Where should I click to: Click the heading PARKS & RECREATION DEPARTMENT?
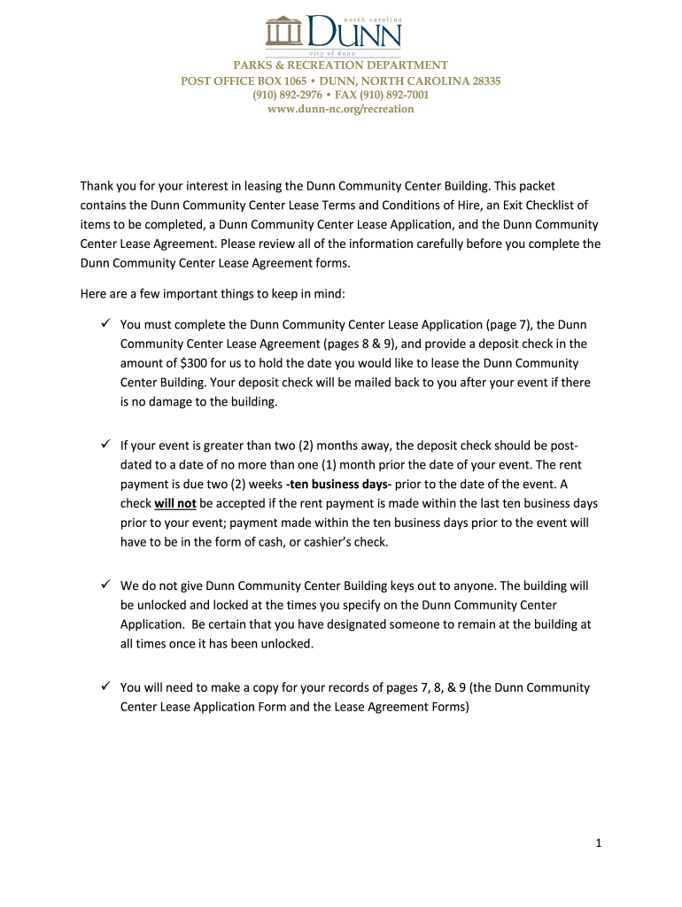click(x=341, y=66)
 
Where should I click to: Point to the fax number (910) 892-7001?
click(x=398, y=95)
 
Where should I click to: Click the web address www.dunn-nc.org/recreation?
click(x=341, y=109)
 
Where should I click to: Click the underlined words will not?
click(x=174, y=503)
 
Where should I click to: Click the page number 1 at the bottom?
click(x=599, y=844)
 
